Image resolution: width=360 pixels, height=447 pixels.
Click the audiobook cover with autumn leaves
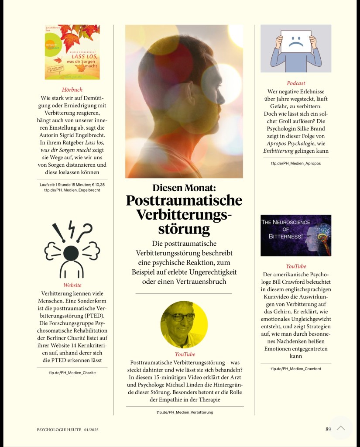(x=72, y=52)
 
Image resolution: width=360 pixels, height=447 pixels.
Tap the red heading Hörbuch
(x=72, y=89)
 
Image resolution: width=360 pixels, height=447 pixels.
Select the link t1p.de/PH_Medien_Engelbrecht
(x=72, y=190)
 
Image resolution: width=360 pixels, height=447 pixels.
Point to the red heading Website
(x=72, y=285)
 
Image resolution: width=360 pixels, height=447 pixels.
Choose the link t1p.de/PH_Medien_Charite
(x=72, y=373)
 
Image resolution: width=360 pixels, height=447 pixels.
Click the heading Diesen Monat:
(x=184, y=188)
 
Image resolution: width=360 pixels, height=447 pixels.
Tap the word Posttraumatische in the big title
(x=184, y=201)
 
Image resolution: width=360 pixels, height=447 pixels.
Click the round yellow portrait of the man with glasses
(x=184, y=325)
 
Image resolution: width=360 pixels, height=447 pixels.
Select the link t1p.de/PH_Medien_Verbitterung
(x=185, y=412)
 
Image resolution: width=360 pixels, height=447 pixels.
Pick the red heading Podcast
(x=296, y=83)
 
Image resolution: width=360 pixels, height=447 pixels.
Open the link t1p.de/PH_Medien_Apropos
(x=296, y=163)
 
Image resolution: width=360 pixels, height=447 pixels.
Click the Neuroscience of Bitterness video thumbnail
(x=296, y=235)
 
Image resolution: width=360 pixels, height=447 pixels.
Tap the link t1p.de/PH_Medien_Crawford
(x=296, y=369)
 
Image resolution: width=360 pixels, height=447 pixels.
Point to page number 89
(x=328, y=429)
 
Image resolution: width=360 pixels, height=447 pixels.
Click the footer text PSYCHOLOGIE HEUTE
(x=59, y=430)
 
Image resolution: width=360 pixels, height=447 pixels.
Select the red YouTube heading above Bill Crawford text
(x=296, y=266)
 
